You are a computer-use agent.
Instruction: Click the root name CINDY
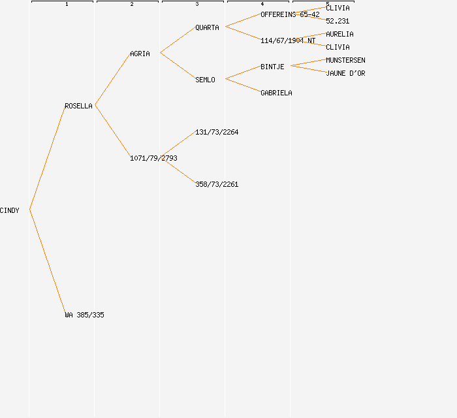pos(10,210)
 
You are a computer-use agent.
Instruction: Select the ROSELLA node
pos(78,106)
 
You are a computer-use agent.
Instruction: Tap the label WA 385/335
pos(84,315)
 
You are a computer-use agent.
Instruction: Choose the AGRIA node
pos(140,54)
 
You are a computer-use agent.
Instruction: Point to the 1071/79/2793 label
pos(153,158)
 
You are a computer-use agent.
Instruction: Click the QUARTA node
pos(207,27)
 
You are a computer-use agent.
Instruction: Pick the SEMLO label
pos(205,80)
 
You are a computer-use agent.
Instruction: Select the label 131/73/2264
pos(217,132)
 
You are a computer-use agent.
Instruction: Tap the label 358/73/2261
pos(217,184)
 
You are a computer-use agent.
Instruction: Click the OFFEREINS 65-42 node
pos(290,14)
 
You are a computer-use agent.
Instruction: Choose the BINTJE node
pos(272,67)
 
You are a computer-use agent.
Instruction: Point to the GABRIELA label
pos(276,93)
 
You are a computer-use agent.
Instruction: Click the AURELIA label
pos(339,34)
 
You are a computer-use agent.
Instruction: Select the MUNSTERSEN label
pos(345,60)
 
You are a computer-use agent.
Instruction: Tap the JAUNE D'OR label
pos(345,73)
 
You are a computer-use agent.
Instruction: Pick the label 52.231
pos(338,21)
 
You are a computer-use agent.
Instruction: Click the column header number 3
pos(197,5)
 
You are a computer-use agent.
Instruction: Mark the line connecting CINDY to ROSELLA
pos(47,158)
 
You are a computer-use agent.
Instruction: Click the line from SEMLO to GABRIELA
pos(243,86)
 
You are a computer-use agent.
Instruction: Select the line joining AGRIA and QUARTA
pos(177,40)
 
